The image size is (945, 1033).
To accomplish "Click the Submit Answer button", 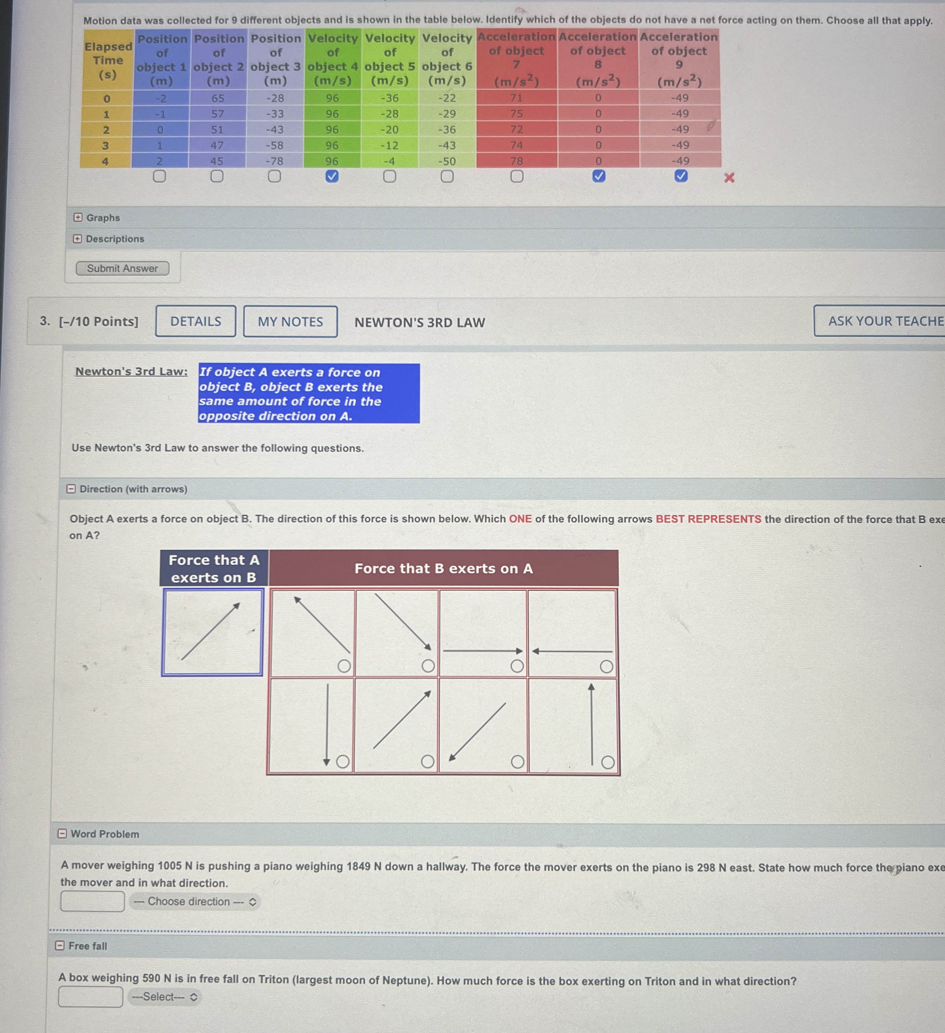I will pyautogui.click(x=123, y=268).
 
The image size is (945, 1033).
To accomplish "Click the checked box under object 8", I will pyautogui.click(x=599, y=176).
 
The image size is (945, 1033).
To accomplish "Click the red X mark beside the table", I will pyautogui.click(x=729, y=178).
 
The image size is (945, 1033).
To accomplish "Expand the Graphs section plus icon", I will pyautogui.click(x=77, y=218).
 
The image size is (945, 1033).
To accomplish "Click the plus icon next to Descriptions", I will pyautogui.click(x=77, y=239).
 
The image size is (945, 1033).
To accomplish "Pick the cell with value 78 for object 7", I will pyautogui.click(x=517, y=161).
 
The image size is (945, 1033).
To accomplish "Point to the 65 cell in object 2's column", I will pyautogui.click(x=218, y=98).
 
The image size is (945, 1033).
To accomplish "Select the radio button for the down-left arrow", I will pyautogui.click(x=518, y=762).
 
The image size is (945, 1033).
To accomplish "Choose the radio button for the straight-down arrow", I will pyautogui.click(x=343, y=762).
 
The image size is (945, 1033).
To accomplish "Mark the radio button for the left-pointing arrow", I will pyautogui.click(x=606, y=667).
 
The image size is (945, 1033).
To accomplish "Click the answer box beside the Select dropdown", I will pyautogui.click(x=91, y=996).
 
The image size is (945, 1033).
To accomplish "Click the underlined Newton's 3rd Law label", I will pyautogui.click(x=131, y=371).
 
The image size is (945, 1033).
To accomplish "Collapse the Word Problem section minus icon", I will pyautogui.click(x=62, y=834).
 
